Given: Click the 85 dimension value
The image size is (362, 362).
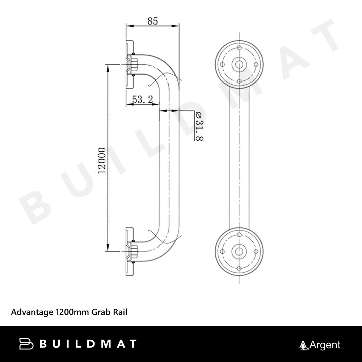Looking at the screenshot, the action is click(153, 21).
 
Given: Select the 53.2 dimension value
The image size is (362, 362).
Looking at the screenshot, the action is click(142, 100).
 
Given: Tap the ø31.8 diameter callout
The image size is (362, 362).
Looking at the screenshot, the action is click(199, 126).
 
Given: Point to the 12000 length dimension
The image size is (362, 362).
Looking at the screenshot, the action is click(102, 161).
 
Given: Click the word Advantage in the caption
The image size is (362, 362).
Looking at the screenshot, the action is click(32, 312).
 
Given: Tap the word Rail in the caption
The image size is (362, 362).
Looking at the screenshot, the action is click(120, 312).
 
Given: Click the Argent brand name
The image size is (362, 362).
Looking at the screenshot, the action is click(325, 345).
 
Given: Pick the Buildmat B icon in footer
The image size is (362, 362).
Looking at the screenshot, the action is click(26, 344).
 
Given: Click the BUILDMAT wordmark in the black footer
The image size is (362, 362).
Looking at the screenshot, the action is click(88, 344).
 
